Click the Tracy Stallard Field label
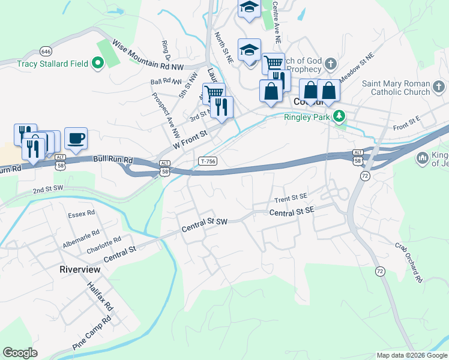(53, 64)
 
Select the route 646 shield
(46, 51)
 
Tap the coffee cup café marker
(76, 139)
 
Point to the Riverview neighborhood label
(80, 269)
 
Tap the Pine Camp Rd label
(92, 334)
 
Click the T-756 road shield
(208, 161)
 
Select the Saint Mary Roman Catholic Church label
(396, 88)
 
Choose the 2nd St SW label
(48, 190)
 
